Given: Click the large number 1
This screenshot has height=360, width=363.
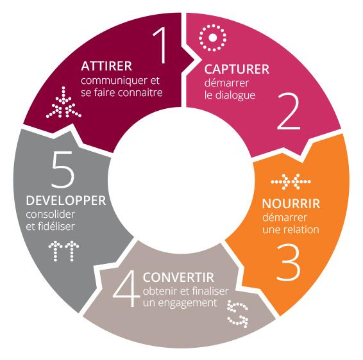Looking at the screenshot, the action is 162,45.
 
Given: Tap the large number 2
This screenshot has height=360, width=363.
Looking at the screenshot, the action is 289,111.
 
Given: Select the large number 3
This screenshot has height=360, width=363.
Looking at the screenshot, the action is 289,263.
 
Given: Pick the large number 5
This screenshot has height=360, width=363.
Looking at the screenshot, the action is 63,169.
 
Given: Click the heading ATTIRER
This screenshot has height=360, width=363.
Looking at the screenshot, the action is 106,66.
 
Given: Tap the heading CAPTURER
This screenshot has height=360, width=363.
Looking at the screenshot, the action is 237,69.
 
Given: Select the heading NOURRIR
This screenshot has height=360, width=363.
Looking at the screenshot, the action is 291,204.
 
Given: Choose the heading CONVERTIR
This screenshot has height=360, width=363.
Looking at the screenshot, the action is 178,277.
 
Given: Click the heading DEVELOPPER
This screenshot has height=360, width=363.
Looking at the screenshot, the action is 66,200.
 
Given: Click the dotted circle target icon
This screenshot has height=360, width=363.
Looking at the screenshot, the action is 212,38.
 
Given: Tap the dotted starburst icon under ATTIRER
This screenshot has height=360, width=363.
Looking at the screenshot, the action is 63,102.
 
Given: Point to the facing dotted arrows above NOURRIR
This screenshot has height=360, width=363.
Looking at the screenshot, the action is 291,182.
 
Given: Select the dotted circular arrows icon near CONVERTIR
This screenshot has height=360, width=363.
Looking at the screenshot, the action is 238,314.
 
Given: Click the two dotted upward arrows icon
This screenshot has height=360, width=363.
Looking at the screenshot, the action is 63,251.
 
